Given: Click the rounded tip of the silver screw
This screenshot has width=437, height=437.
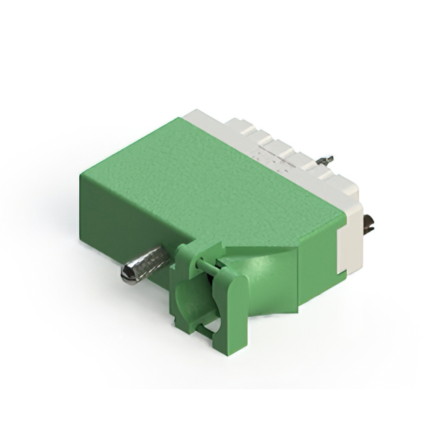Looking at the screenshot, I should click(x=127, y=274).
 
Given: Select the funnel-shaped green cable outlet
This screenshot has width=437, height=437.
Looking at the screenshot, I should click(x=266, y=280).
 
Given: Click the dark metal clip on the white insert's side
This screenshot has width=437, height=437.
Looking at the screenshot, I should click(x=369, y=223).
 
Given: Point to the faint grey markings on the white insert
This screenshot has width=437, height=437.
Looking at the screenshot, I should click(x=270, y=157).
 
